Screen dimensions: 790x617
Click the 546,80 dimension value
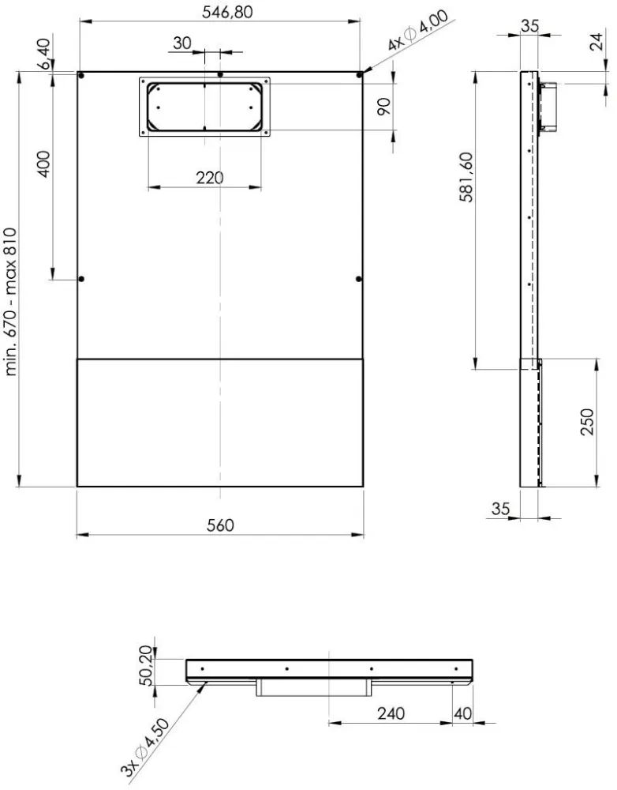tap(220, 12)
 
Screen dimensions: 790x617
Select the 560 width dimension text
tap(220, 525)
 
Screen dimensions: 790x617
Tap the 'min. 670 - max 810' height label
tap(11, 302)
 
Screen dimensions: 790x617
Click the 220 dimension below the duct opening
tap(209, 178)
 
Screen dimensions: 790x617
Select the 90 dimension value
tap(384, 107)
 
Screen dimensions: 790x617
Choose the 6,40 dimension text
tap(44, 55)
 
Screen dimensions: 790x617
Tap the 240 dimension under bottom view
tap(391, 713)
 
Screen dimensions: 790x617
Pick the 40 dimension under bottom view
tap(463, 713)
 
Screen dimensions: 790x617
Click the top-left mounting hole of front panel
tap(81, 75)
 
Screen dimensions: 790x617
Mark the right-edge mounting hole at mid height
tap(359, 279)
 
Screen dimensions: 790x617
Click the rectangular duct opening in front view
tap(204, 106)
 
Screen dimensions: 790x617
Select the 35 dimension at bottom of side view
tap(501, 510)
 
